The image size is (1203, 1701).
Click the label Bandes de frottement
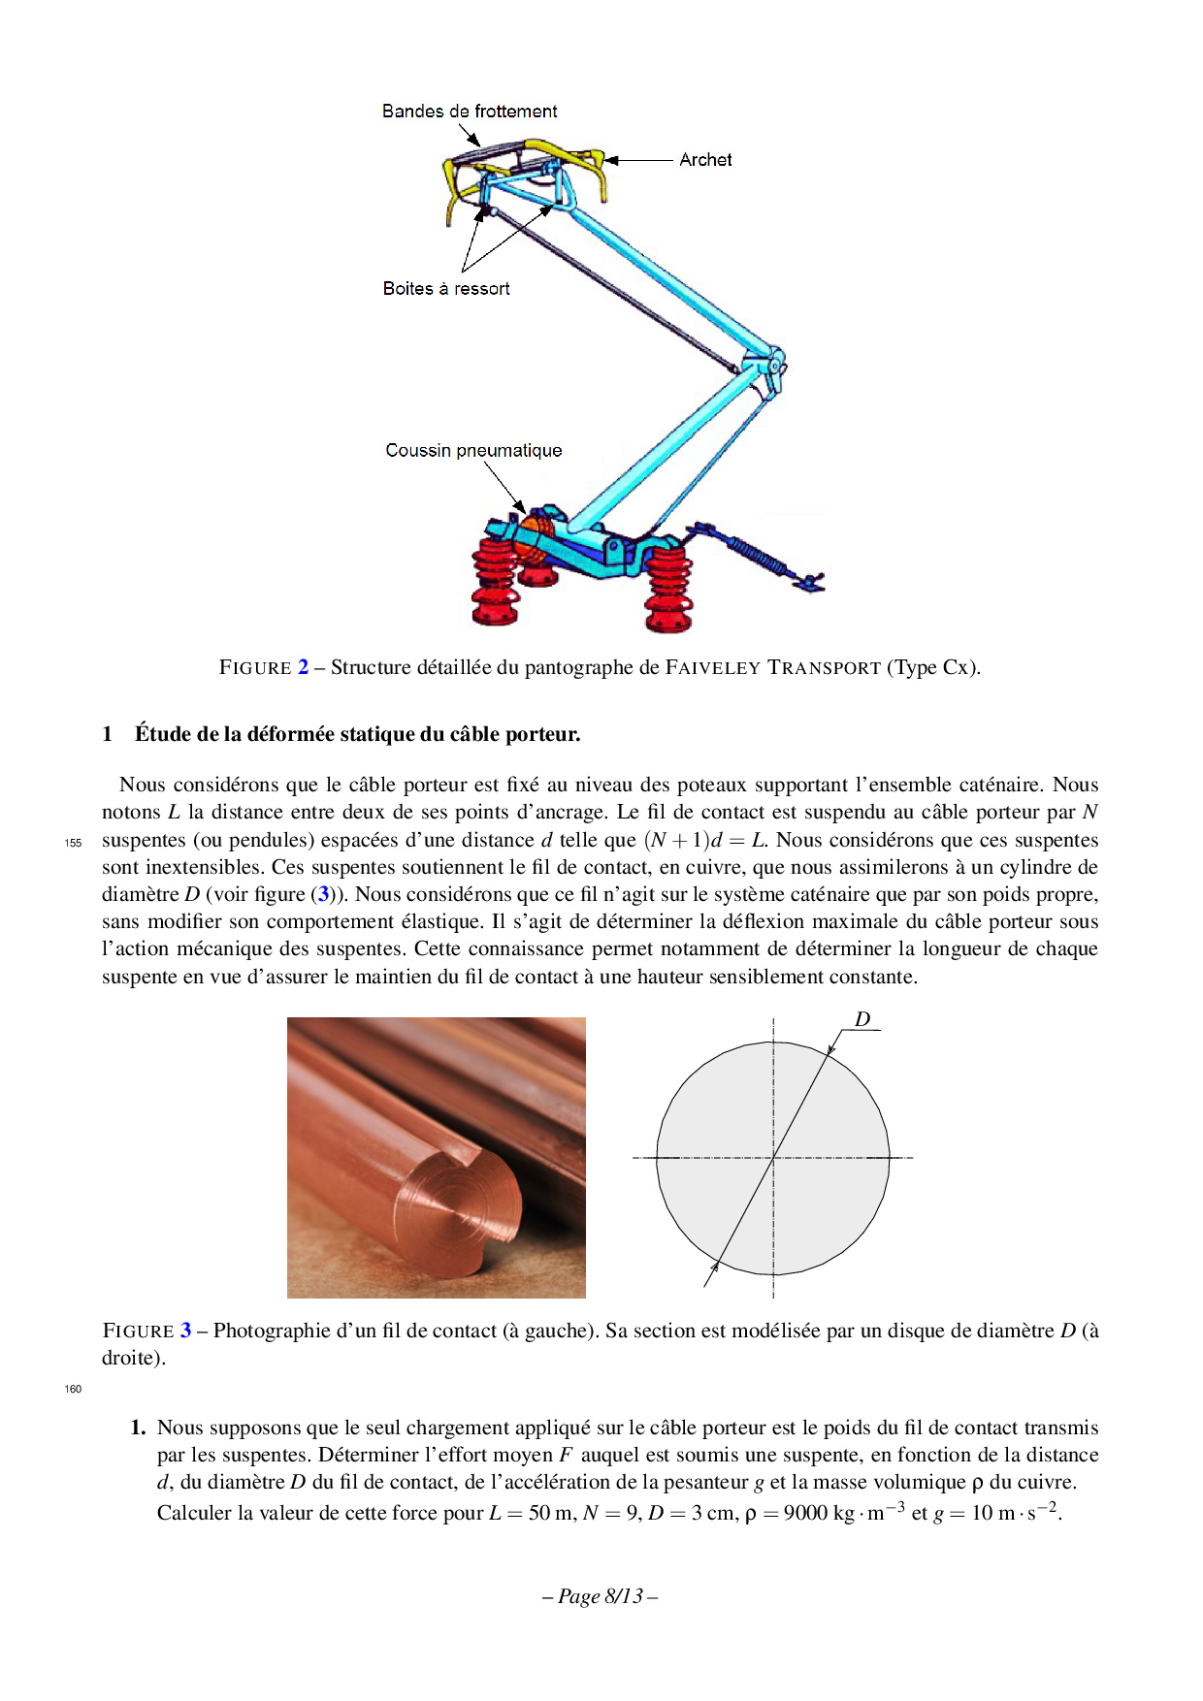tap(470, 112)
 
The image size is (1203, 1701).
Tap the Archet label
tap(705, 160)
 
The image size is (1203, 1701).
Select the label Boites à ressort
tap(446, 289)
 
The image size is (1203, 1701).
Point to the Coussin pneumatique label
tap(473, 451)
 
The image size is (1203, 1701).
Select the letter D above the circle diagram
tap(862, 1019)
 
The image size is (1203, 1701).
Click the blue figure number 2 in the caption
tap(304, 668)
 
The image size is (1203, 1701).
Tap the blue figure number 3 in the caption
tap(185, 1332)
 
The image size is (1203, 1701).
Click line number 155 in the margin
tap(73, 843)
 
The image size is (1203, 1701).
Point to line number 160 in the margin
tap(73, 1390)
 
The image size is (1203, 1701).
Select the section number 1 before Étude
tap(108, 735)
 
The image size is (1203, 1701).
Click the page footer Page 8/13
tap(601, 1597)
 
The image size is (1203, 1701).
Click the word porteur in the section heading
tap(543, 735)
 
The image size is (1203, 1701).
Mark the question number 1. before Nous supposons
tap(139, 1428)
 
